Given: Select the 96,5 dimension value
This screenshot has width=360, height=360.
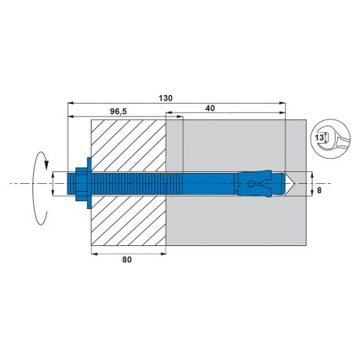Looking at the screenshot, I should click(x=119, y=112).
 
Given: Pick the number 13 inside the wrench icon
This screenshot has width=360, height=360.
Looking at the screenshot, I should click(x=318, y=136).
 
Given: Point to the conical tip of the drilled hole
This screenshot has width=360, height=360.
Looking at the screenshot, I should click(x=290, y=184).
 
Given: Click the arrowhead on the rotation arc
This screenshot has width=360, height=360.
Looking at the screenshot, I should click(x=48, y=166).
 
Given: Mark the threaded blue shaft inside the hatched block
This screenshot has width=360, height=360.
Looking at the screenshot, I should click(x=130, y=184).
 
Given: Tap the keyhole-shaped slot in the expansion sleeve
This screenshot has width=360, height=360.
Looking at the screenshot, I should click(x=252, y=185).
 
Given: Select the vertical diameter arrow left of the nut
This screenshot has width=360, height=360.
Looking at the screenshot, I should click(x=53, y=184).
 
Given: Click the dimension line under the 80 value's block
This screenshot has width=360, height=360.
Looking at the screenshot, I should click(x=128, y=254).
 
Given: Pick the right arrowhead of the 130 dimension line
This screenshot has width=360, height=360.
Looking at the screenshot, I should click(x=281, y=102).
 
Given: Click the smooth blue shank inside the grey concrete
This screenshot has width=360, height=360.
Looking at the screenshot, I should click(x=208, y=184).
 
